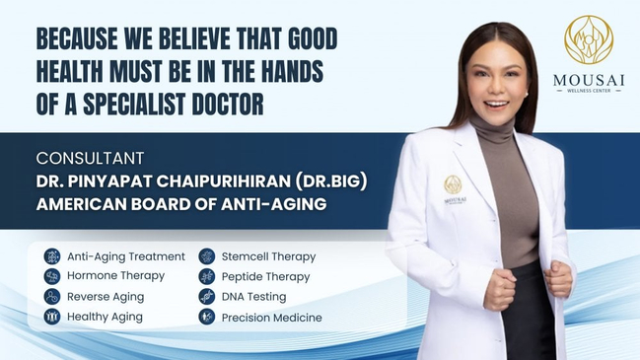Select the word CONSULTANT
click(90, 158)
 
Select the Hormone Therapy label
click(115, 276)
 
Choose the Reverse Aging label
click(106, 297)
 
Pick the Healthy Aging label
click(105, 318)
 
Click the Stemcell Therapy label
click(268, 256)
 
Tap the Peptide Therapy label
click(265, 277)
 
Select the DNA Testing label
click(253, 297)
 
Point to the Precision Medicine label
click(271, 318)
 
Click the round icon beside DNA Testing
click(206, 297)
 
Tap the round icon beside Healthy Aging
click(51, 318)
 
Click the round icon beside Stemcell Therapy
click(206, 256)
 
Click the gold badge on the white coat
click(453, 184)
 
